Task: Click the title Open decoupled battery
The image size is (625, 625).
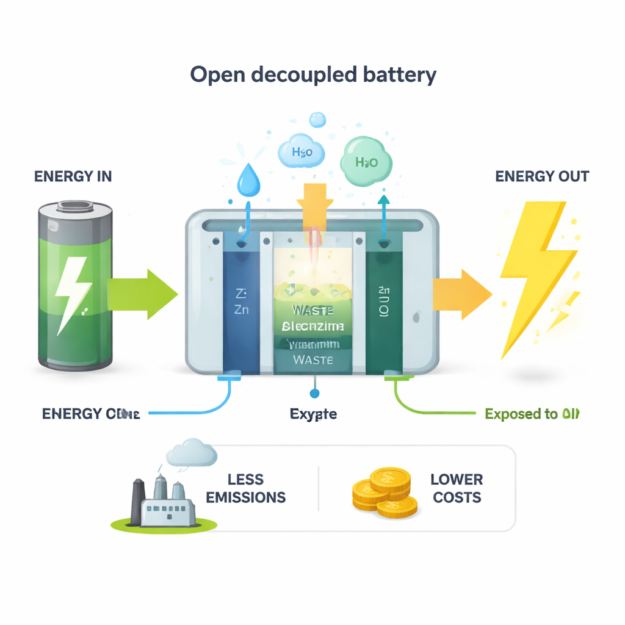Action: (313, 74)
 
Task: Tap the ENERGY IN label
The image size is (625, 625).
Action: (73, 176)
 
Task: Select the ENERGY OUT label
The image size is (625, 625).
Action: (542, 176)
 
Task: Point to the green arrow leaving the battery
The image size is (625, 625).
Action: (143, 295)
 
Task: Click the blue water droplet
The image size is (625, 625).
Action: (249, 178)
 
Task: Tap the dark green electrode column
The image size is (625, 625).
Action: (384, 305)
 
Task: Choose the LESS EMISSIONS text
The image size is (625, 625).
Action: (245, 488)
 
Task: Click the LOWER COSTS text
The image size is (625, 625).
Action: (457, 488)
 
